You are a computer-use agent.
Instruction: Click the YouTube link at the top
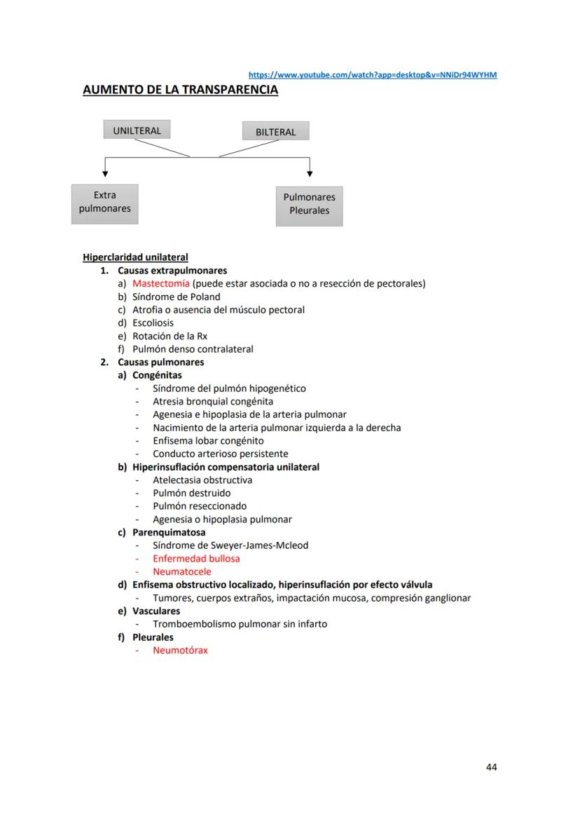click(373, 75)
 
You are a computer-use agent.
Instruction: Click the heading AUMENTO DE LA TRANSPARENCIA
click(180, 90)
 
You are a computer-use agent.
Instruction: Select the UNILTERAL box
click(137, 130)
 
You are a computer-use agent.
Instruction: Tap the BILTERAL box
click(275, 132)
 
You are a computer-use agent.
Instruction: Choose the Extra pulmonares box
click(105, 203)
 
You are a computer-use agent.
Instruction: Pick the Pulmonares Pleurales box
click(309, 204)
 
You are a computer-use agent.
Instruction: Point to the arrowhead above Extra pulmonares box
click(105, 172)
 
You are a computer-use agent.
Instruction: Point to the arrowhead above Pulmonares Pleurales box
click(309, 172)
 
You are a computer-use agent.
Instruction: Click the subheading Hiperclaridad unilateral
click(135, 257)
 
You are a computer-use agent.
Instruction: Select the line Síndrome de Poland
click(176, 297)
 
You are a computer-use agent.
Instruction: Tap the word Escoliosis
click(153, 323)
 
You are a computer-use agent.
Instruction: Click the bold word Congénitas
click(157, 375)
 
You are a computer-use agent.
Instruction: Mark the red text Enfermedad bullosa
click(196, 559)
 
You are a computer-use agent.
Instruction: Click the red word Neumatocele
click(182, 571)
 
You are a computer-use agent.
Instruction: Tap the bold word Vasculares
click(156, 611)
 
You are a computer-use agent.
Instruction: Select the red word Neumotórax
click(180, 650)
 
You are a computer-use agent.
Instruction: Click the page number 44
click(491, 767)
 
